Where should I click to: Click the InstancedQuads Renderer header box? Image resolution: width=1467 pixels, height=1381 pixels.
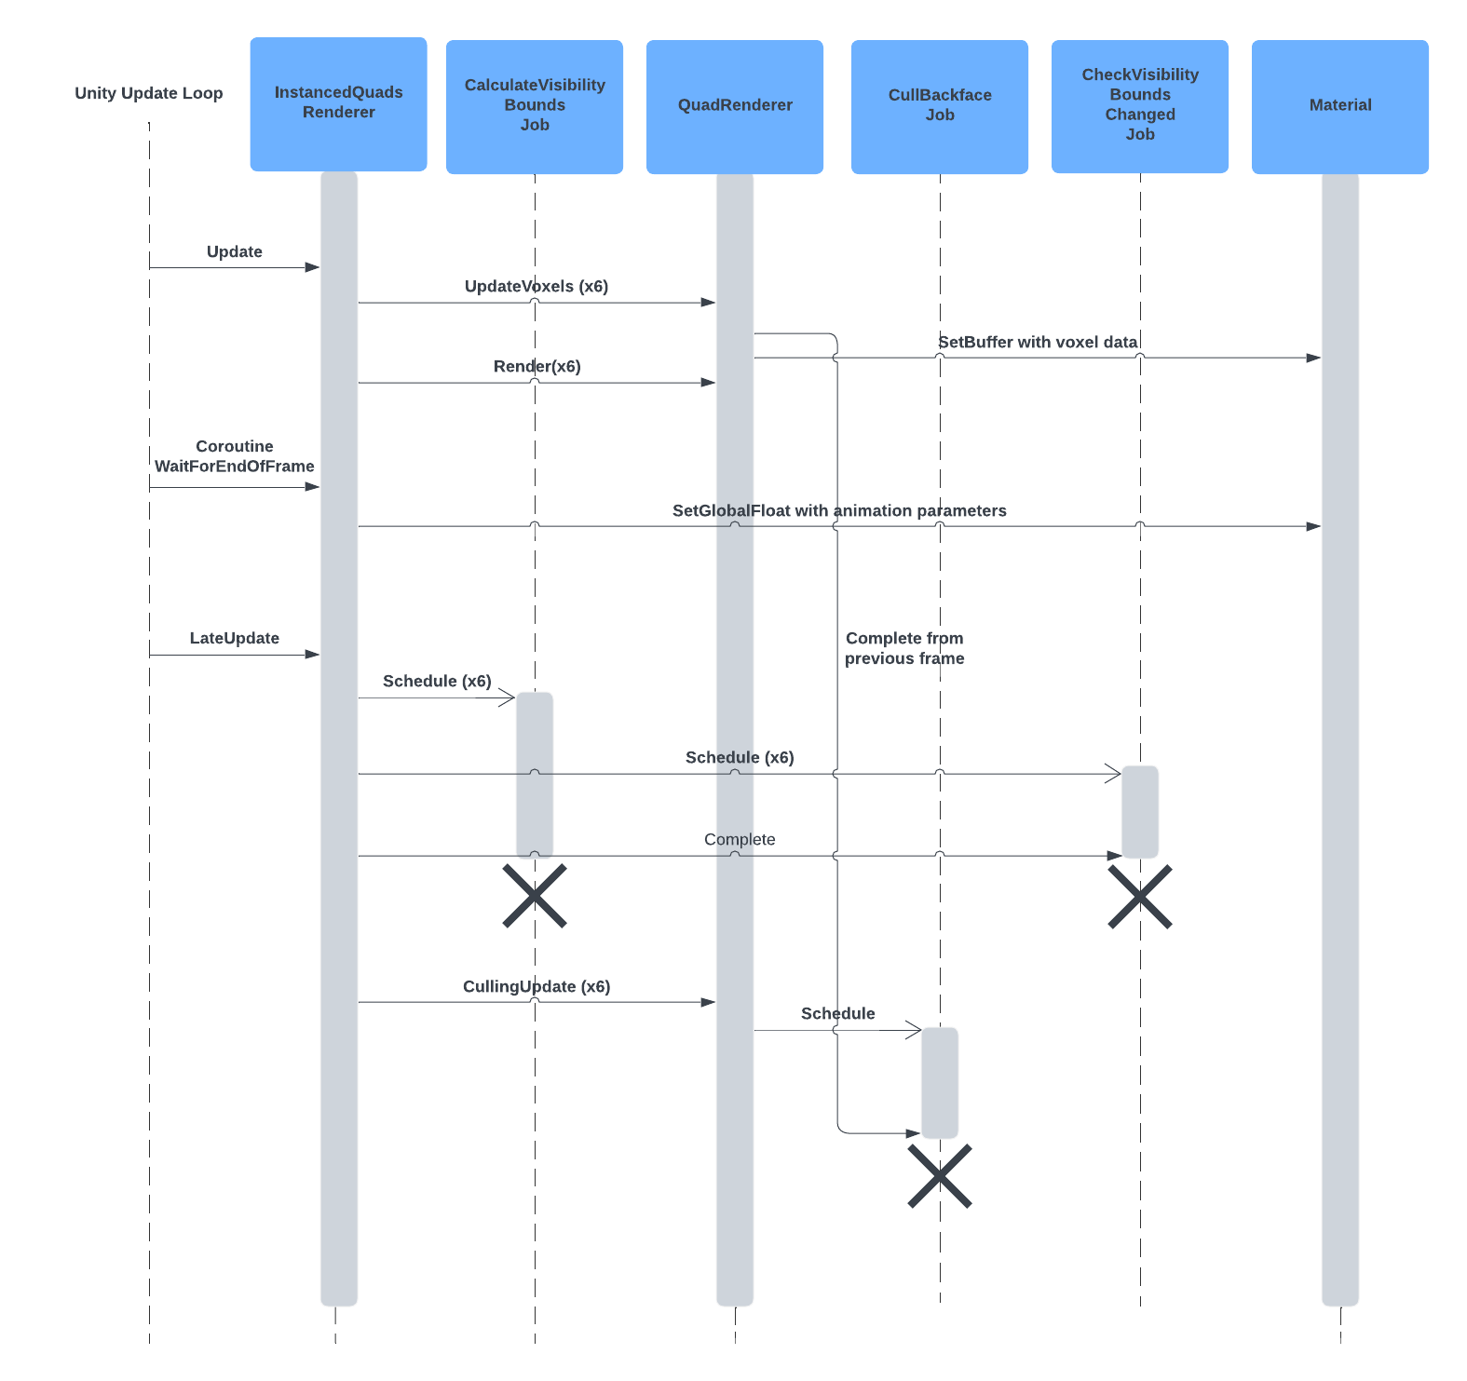tap(338, 103)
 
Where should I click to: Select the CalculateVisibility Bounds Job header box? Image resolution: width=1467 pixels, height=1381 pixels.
tap(534, 106)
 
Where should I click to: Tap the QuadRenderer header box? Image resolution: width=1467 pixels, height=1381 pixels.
tap(734, 106)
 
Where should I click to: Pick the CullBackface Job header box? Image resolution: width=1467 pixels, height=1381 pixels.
tap(939, 106)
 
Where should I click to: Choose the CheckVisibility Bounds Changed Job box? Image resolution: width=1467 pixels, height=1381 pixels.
tap(1139, 105)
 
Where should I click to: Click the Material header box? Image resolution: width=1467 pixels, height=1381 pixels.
tap(1339, 106)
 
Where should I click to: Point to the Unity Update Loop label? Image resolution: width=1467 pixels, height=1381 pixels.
tap(149, 93)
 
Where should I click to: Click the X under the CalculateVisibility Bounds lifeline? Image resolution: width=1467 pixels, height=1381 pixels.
tap(535, 896)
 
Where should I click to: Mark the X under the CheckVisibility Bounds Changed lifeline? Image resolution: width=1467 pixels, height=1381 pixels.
tap(1139, 897)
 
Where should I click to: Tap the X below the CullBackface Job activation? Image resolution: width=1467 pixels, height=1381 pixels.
tap(939, 1176)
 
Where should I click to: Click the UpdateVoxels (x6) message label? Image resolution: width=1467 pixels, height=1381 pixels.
tap(536, 286)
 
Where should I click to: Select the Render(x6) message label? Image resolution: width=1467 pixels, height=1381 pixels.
tap(537, 366)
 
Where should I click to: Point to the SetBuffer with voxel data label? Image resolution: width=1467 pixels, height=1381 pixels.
tap(1037, 342)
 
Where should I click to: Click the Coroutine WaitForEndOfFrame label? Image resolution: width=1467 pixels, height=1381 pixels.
tap(234, 456)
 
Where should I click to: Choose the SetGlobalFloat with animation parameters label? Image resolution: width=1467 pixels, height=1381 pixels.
tap(838, 510)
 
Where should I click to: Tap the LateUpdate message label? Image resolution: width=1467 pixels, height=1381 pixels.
tap(234, 638)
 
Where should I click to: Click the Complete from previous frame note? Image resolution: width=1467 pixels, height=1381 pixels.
tap(903, 648)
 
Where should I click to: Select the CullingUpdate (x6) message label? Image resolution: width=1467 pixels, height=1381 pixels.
tap(536, 986)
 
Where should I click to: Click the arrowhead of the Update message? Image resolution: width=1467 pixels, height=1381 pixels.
tap(312, 268)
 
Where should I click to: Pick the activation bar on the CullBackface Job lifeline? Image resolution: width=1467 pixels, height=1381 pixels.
tap(939, 1082)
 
